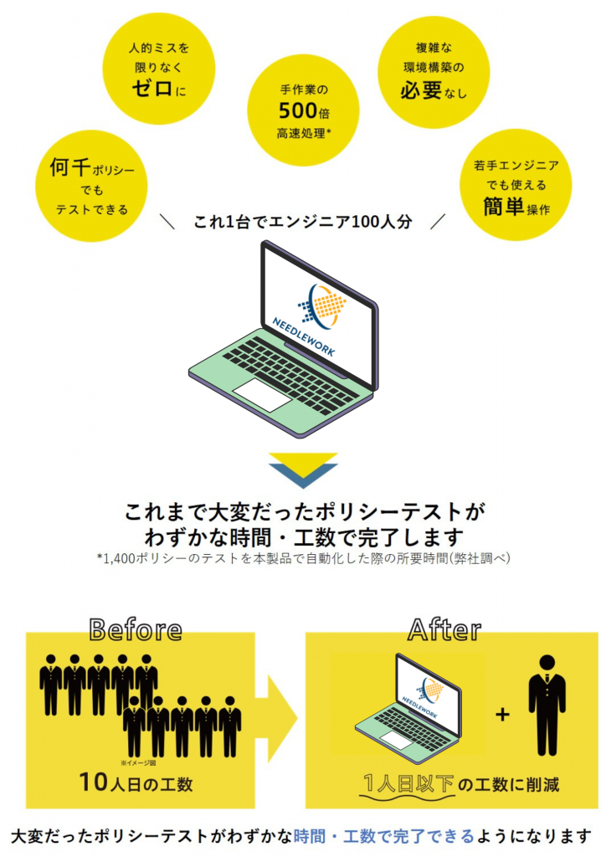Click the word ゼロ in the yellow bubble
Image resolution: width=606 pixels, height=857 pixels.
click(152, 87)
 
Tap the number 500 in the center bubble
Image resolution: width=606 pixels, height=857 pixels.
click(297, 111)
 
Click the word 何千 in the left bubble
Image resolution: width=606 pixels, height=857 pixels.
click(70, 167)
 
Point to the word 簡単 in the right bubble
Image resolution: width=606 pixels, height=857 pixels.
click(504, 207)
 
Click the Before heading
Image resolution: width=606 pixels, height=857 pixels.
click(136, 629)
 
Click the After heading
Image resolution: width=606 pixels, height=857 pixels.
click(444, 629)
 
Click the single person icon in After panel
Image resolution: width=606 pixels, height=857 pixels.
click(547, 705)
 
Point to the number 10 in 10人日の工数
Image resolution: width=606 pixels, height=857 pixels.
click(93, 783)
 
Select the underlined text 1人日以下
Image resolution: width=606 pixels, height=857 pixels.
click(408, 784)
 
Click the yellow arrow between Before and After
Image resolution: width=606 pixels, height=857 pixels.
click(282, 718)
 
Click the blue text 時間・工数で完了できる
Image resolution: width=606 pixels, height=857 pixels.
click(383, 836)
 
